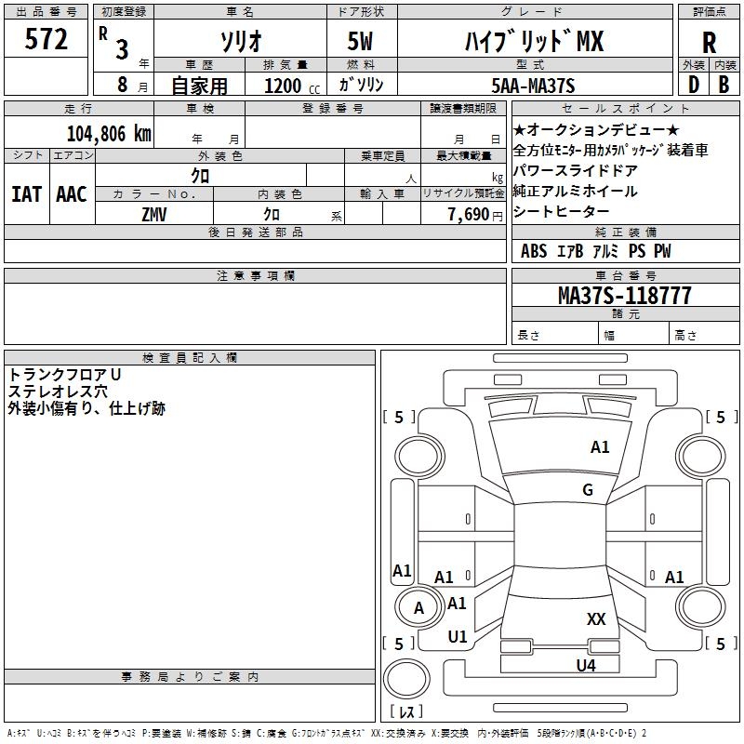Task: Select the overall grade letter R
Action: point(709,43)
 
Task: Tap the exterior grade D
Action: point(693,85)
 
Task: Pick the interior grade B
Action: point(724,85)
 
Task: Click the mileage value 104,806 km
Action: point(110,133)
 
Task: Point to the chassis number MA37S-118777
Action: point(624,296)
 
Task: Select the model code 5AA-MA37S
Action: point(533,86)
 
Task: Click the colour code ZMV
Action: point(154,214)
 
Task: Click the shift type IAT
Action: point(26,193)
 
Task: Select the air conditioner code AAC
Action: point(72,193)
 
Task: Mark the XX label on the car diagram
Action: point(596,619)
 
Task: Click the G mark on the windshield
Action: point(588,490)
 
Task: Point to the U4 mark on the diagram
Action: point(585,665)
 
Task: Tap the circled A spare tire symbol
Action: point(418,608)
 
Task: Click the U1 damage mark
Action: point(458,637)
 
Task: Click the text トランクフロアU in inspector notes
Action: point(65,374)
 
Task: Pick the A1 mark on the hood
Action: point(600,447)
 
